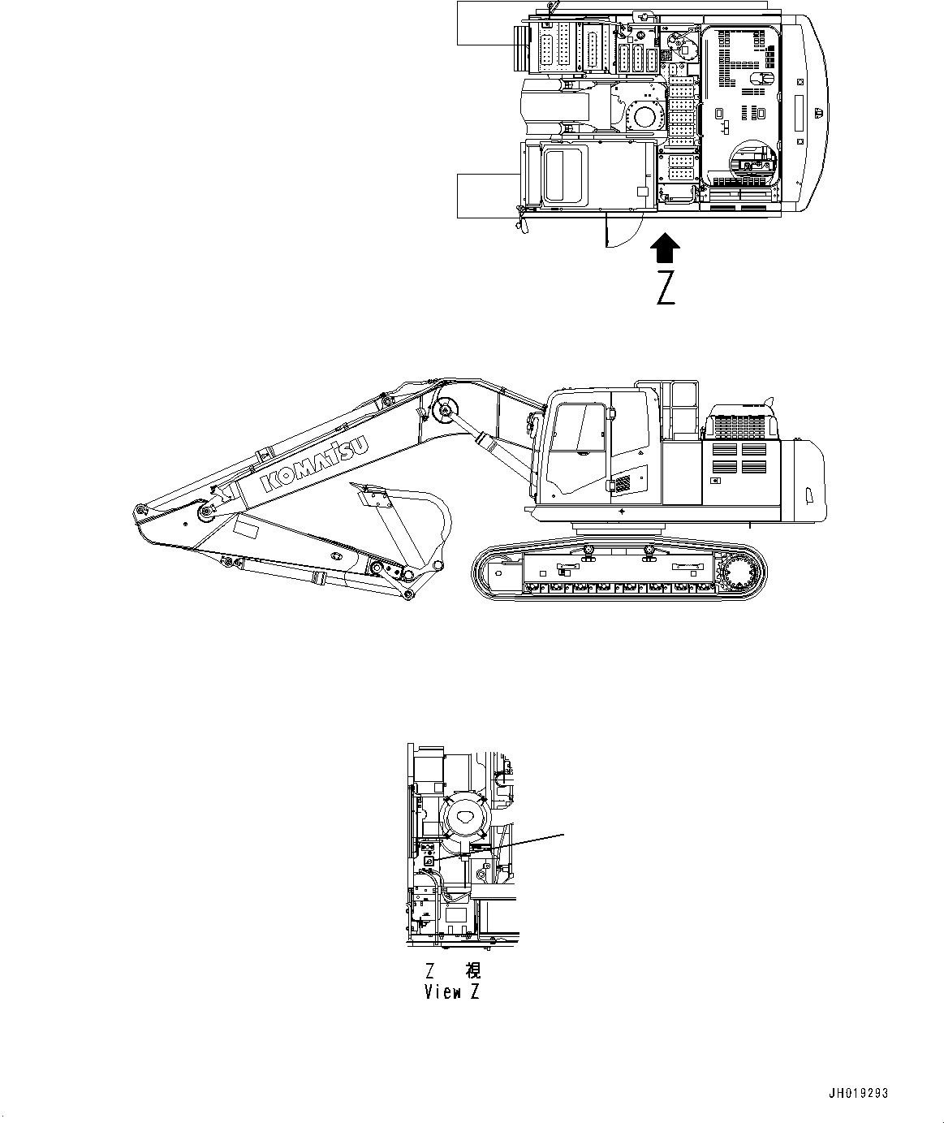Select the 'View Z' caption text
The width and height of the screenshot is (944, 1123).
[x=452, y=992]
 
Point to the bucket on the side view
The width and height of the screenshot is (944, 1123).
[x=411, y=527]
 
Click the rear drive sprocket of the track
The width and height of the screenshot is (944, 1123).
[x=738, y=574]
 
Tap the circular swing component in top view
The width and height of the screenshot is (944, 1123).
[x=646, y=114]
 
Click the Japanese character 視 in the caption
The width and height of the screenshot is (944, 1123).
[x=472, y=970]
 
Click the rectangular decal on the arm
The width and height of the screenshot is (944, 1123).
[x=245, y=530]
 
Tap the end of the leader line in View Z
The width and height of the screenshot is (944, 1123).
[x=564, y=833]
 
